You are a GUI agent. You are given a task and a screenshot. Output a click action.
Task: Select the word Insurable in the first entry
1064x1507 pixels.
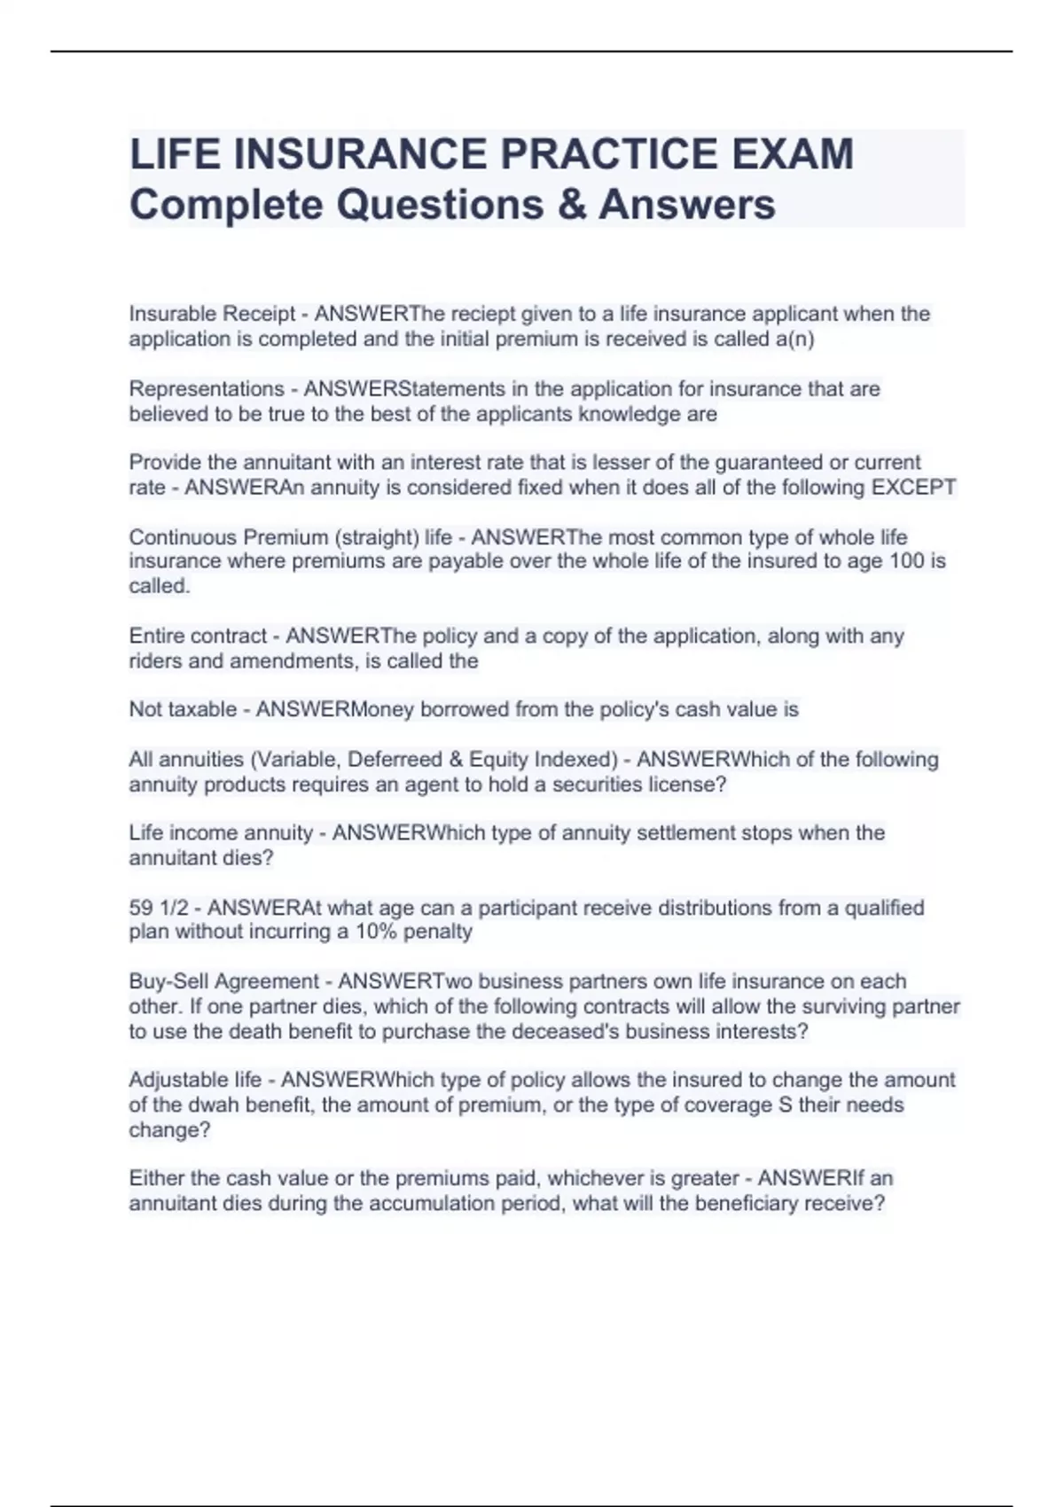tap(174, 314)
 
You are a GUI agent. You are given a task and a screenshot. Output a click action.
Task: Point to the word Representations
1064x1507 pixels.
tap(207, 389)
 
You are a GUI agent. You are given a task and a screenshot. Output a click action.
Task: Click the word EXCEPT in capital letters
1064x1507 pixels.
tap(914, 488)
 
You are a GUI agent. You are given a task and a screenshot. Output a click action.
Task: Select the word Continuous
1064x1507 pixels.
tap(183, 537)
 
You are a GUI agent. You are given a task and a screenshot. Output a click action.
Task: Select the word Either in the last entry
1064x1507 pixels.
tap(157, 1178)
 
